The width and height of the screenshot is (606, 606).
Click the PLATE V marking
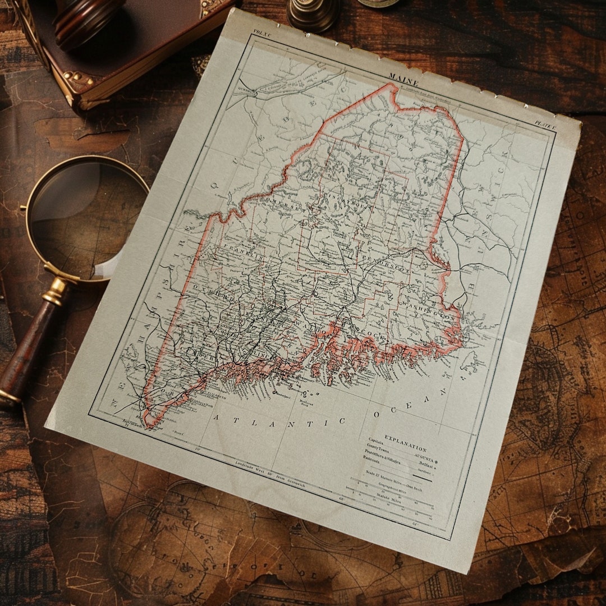pos(544,124)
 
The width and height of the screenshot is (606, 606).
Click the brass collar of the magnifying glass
pos(56,291)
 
